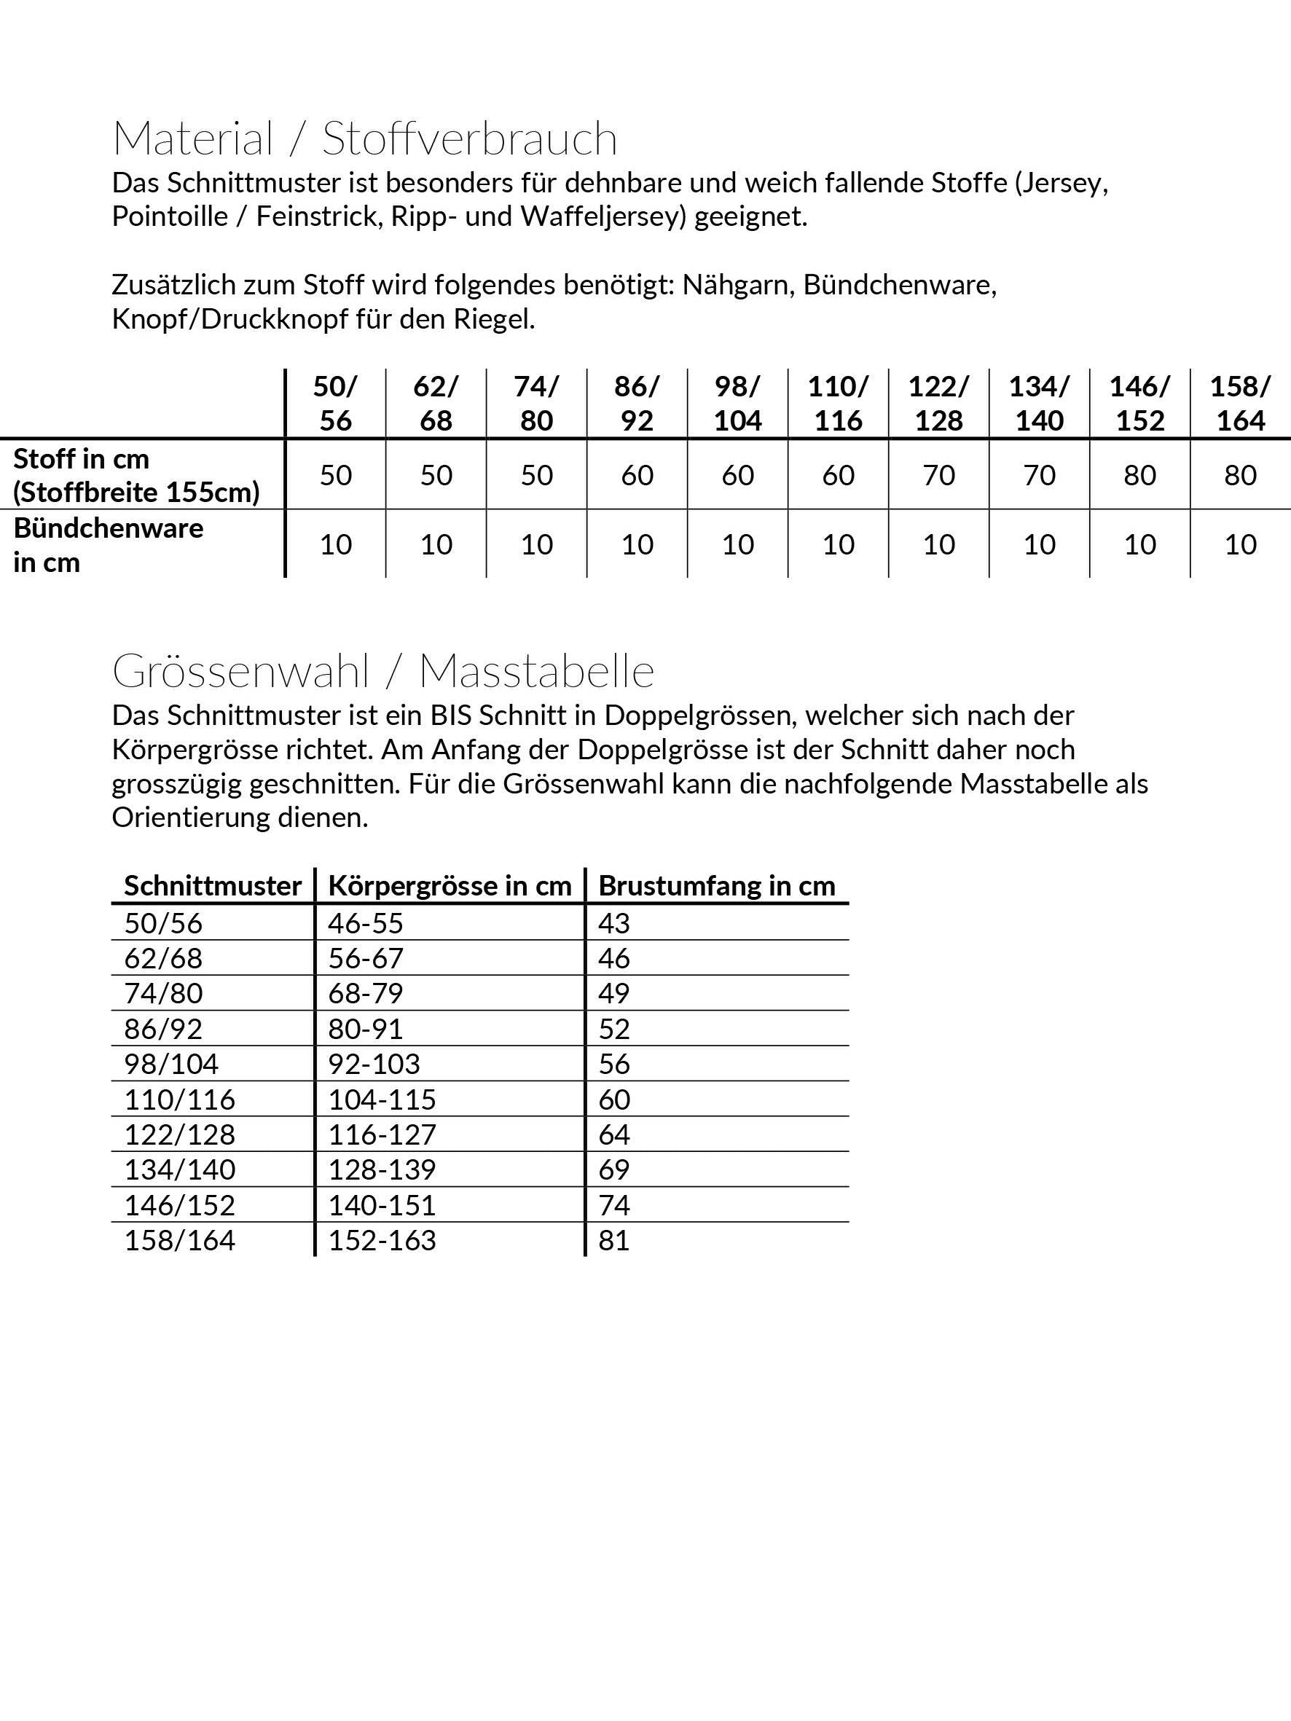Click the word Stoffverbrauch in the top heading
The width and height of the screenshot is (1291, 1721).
point(469,139)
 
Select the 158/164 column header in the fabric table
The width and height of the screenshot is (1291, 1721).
point(1240,403)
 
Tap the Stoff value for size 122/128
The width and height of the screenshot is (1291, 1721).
point(938,474)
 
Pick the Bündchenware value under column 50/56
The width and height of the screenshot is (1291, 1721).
point(335,544)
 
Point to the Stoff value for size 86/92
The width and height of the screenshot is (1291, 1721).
point(637,474)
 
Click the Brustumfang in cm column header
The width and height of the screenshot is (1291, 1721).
point(716,885)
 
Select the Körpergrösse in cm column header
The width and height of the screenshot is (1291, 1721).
point(450,885)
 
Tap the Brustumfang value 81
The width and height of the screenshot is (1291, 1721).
point(614,1240)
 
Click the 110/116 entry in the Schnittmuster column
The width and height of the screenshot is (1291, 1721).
point(180,1099)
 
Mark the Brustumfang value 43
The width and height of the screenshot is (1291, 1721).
point(614,922)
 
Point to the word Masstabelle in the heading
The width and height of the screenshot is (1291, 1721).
point(536,670)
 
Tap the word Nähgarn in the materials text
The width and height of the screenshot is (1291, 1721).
point(738,285)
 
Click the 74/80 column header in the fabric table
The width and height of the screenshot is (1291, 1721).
point(536,403)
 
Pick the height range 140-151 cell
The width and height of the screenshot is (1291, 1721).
point(381,1205)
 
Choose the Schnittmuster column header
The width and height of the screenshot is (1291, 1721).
point(213,885)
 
